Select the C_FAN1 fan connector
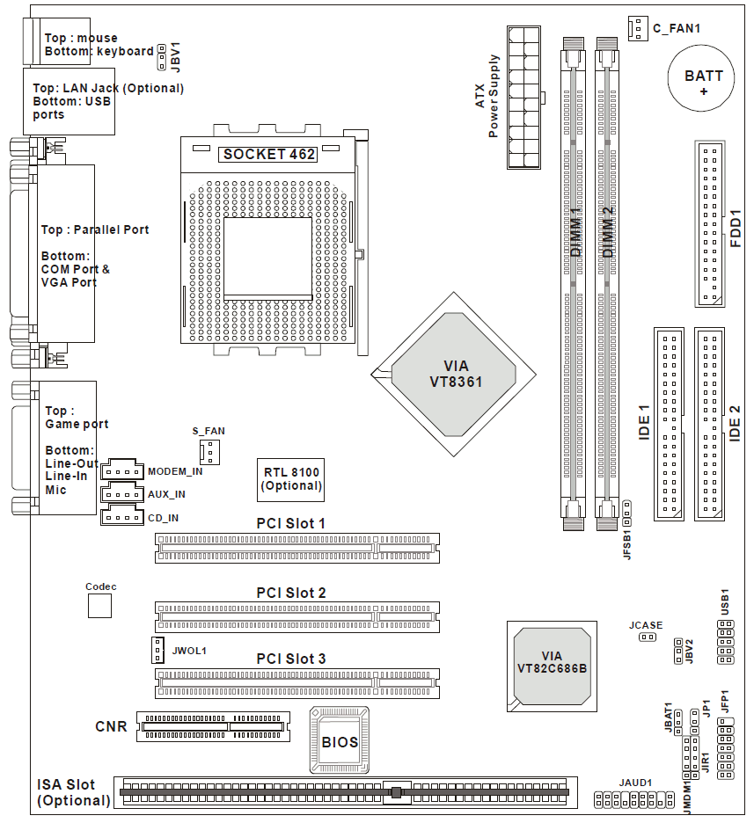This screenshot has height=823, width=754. tap(637, 28)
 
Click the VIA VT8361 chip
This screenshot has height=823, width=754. tap(455, 375)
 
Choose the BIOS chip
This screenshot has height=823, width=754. tap(340, 741)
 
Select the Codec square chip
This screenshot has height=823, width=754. tap(100, 606)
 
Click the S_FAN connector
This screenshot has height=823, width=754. tap(209, 452)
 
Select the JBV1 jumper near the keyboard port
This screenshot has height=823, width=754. tap(162, 56)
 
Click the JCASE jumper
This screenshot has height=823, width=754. tap(648, 637)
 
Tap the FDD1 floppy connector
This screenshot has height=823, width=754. tap(712, 223)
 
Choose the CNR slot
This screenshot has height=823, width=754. tap(211, 726)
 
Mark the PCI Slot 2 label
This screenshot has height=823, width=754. tap(291, 593)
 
